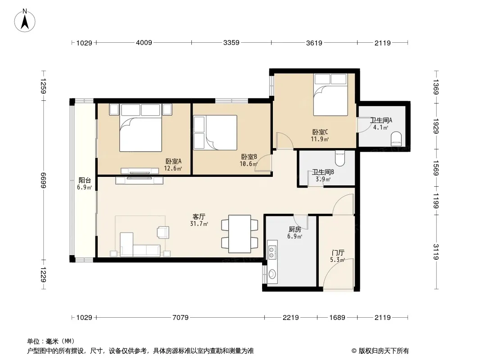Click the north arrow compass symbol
coord(25,21)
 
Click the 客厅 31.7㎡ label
coord(199,220)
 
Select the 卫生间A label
coord(381,120)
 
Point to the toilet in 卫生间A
coord(396,138)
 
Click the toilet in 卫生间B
coord(340,158)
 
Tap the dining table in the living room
coord(240,234)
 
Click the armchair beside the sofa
coord(163,232)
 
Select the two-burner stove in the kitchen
coord(272,252)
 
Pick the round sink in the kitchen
coord(272,274)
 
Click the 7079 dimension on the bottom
coord(180,318)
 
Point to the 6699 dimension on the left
coord(43,180)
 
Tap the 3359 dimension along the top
coord(231,42)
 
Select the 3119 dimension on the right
coord(436,252)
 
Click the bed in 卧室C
coord(331,94)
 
